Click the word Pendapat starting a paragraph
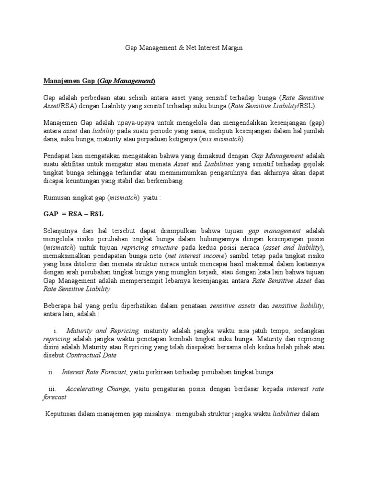tap(57, 156)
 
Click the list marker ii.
tap(52, 372)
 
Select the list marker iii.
tap(53, 389)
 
